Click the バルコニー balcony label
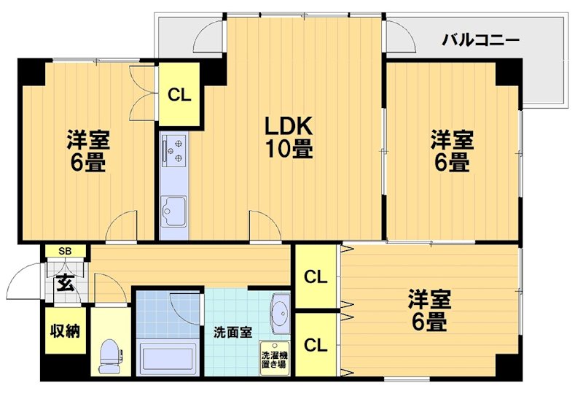(480, 39)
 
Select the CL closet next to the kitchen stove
(179, 95)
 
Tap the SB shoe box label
(65, 252)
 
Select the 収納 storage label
(65, 331)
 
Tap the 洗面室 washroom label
(232, 333)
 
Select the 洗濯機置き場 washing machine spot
(275, 358)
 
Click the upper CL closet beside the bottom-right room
(315, 277)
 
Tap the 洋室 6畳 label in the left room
(87, 150)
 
